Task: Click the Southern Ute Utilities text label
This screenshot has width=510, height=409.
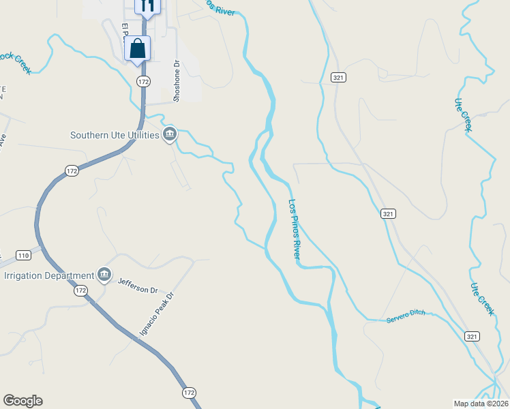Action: tap(115, 135)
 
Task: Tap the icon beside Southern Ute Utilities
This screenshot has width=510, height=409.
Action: tap(170, 134)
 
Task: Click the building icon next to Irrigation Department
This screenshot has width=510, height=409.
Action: tap(104, 275)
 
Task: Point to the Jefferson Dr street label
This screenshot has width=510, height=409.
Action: tap(137, 286)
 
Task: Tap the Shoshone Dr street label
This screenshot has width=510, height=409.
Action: tap(176, 80)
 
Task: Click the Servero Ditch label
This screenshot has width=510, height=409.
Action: tap(405, 313)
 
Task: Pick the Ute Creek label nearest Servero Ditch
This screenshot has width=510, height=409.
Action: tap(481, 298)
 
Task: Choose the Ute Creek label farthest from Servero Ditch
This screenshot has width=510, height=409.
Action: tap(462, 113)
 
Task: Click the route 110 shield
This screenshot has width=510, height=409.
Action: tap(23, 256)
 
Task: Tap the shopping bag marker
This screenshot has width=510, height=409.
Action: tap(137, 49)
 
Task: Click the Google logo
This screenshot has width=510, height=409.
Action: tap(22, 401)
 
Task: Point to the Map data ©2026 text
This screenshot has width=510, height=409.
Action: tap(480, 403)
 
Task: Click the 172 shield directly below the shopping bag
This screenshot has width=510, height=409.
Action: tap(142, 81)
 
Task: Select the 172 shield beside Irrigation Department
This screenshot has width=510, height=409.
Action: tap(81, 290)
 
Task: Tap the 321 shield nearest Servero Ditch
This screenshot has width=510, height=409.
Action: tap(472, 337)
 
